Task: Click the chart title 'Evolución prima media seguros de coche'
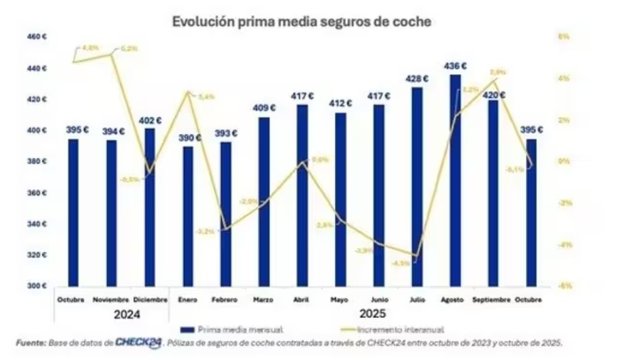coord(302,22)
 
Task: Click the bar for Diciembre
coord(150,207)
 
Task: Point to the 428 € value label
coord(417,79)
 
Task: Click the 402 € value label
coord(150,120)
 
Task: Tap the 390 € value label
coord(188,137)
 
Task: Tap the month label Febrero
coord(225,300)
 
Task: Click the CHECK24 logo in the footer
coord(139,342)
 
